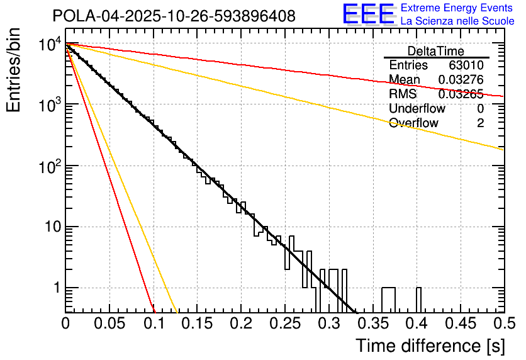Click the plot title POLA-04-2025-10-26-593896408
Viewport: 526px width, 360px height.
click(174, 16)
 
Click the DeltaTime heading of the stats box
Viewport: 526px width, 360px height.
click(436, 50)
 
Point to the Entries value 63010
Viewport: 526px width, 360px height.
click(466, 65)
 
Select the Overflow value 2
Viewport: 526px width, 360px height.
click(480, 123)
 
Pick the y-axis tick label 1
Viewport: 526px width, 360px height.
click(56, 288)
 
